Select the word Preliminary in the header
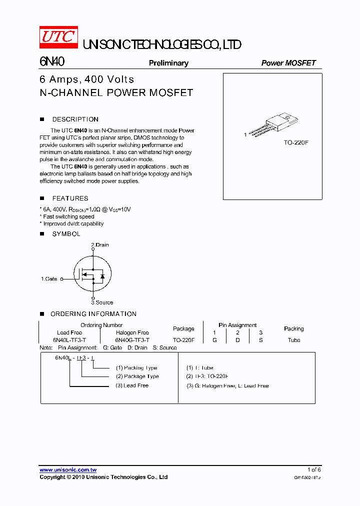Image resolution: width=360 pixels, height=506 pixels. [168, 63]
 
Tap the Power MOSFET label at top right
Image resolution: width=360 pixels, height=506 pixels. [288, 63]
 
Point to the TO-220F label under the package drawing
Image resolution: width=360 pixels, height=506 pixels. [296, 142]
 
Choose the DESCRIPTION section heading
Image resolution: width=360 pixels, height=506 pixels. [75, 119]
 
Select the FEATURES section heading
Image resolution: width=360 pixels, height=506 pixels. [70, 198]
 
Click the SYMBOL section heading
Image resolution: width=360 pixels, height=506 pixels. [66, 234]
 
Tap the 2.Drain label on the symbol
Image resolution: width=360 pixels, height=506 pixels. [100, 245]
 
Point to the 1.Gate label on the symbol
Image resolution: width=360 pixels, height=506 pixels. [49, 279]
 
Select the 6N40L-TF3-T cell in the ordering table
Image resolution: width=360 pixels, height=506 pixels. [69, 340]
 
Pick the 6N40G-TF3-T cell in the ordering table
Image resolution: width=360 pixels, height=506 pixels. [132, 340]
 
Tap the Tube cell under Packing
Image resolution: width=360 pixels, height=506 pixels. [294, 340]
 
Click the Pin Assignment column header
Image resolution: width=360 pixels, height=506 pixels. [237, 325]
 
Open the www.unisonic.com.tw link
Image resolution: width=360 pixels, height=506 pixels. [68, 470]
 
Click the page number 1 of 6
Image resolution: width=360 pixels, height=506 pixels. [314, 470]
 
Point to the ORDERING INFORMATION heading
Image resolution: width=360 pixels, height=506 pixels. [93, 314]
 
